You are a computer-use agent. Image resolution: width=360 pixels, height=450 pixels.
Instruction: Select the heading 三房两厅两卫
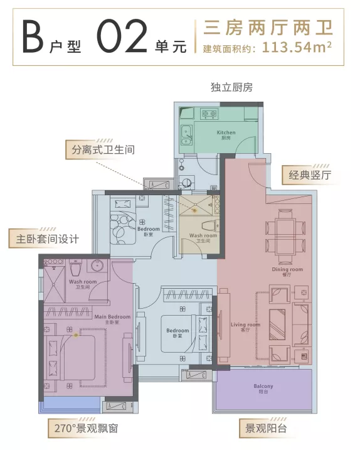tap(263, 27)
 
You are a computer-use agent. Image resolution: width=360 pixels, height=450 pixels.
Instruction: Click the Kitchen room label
tap(226, 134)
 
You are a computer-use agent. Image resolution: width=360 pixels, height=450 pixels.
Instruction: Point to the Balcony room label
tap(263, 387)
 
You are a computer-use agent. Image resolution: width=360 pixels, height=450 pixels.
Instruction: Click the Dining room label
tap(287, 271)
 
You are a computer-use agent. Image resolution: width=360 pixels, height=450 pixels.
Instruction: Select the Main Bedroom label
tap(112, 318)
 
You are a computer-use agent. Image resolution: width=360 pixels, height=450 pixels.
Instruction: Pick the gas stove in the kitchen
tap(208, 114)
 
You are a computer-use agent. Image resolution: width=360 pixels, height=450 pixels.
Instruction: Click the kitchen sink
tap(186, 134)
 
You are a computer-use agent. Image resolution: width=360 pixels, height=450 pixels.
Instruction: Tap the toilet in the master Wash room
tap(75, 269)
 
